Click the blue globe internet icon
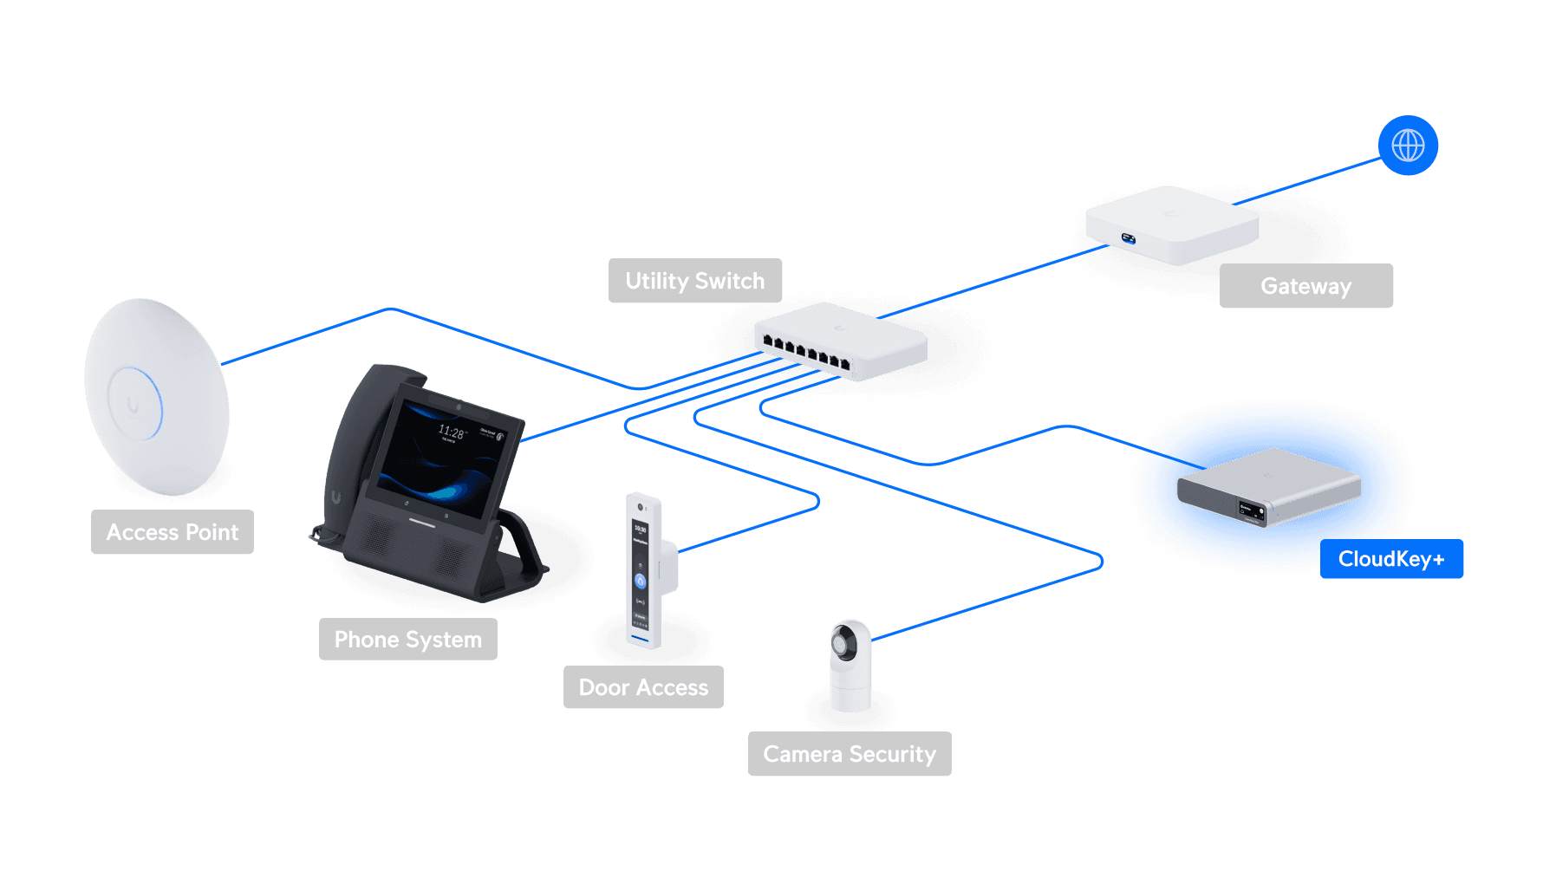1408,146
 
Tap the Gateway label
1305,286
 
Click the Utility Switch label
695,281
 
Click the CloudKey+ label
1391,559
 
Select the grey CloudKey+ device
1267,485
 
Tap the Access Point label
173,532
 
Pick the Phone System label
407,640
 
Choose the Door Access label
643,687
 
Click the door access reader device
642,572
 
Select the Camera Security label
850,754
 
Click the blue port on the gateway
1128,238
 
